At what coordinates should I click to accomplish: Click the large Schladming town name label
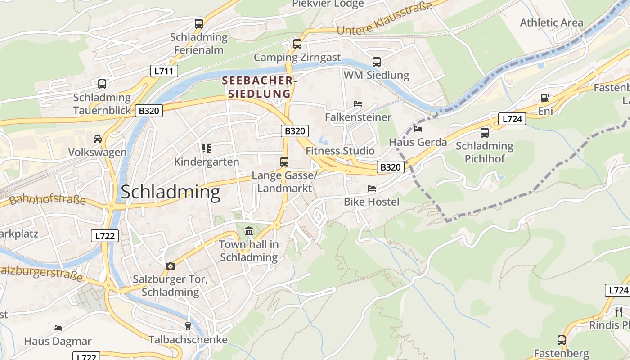(171, 192)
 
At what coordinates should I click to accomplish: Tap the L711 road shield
(164, 71)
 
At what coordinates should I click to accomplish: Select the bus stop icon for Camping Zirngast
(297, 44)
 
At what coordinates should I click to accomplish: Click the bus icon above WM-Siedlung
(376, 62)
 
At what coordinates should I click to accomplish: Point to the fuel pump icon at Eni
(545, 98)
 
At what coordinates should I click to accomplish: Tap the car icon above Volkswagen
(97, 139)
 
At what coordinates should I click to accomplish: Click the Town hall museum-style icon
(248, 232)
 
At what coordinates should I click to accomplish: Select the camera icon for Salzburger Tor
(170, 266)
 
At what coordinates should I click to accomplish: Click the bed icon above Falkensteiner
(358, 104)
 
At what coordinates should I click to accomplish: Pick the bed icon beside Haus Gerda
(418, 129)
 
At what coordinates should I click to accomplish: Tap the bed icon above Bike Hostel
(371, 189)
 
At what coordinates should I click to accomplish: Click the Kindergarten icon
(207, 148)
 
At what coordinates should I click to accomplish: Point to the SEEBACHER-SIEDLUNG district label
(259, 87)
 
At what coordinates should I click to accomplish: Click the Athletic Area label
(551, 22)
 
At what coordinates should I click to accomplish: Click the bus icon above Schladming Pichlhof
(484, 133)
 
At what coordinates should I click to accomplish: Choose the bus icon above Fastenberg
(561, 340)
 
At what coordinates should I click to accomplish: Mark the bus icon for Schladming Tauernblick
(102, 84)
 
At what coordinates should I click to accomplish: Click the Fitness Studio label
(340, 151)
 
